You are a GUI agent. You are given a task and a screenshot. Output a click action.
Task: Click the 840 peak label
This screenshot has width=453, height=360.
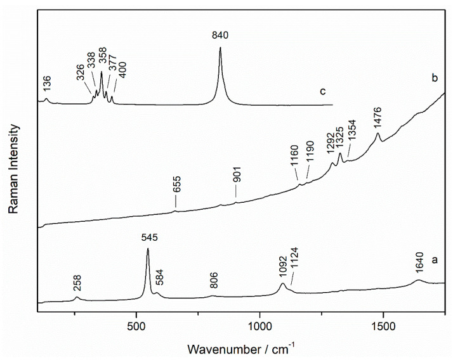220,36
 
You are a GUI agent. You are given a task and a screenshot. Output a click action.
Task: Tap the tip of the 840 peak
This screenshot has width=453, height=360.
220,48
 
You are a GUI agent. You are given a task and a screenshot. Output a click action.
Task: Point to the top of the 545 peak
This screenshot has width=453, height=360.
148,248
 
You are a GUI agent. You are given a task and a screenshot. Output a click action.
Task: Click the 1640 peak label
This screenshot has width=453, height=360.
418,266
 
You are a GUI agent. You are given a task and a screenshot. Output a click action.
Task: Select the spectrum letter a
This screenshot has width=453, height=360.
435,260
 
